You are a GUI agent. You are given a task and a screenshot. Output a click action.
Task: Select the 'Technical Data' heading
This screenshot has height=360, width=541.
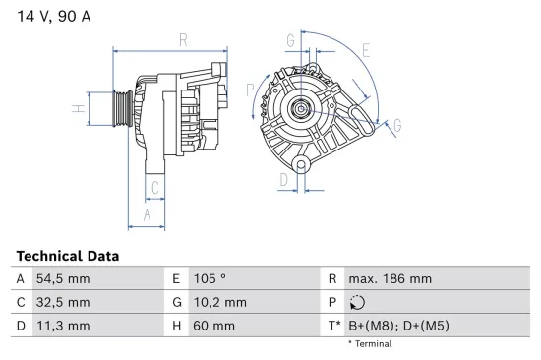tap(68, 256)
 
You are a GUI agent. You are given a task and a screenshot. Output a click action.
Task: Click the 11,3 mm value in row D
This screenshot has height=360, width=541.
tap(64, 326)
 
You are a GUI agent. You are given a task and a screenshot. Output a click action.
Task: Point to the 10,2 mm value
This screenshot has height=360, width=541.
tap(221, 302)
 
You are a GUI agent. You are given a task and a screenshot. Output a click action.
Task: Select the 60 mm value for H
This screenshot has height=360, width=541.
tap(214, 326)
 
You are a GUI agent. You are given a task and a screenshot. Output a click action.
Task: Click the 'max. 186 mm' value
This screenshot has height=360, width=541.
tap(390, 279)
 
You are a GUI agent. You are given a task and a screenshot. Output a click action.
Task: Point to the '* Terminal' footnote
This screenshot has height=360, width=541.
tap(370, 344)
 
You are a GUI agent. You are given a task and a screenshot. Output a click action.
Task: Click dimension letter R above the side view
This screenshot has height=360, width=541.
tap(183, 39)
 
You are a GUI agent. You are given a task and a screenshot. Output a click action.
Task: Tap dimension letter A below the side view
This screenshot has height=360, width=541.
tap(147, 214)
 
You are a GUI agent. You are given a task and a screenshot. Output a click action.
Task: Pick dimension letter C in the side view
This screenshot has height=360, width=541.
tap(155, 187)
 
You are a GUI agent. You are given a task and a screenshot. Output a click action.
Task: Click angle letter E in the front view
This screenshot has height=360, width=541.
tap(365, 50)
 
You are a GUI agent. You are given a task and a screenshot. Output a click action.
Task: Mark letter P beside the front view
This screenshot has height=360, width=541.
tap(251, 90)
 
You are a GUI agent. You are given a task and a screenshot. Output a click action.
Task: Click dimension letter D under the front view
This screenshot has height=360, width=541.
tap(283, 180)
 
